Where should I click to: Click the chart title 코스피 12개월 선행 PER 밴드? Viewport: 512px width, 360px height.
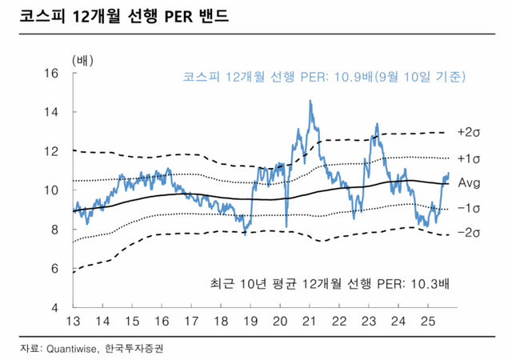coord(124,16)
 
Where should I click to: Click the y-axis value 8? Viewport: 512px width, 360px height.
coord(53,230)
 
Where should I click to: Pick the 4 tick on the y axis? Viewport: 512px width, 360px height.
coord(53,308)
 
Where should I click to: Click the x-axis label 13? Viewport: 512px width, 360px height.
coord(73,322)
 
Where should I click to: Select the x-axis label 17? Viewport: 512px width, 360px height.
coord(192,322)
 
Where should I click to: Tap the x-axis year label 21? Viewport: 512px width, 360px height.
coord(310,322)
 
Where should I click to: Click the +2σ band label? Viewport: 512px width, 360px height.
coord(468,131)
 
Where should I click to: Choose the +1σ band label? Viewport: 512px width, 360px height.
coord(468,157)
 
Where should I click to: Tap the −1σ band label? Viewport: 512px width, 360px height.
coord(468,208)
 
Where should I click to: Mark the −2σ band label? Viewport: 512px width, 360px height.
coord(468,233)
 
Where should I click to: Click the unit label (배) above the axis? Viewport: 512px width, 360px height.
coord(82,59)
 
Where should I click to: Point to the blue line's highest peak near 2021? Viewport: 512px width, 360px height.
coord(310,102)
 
